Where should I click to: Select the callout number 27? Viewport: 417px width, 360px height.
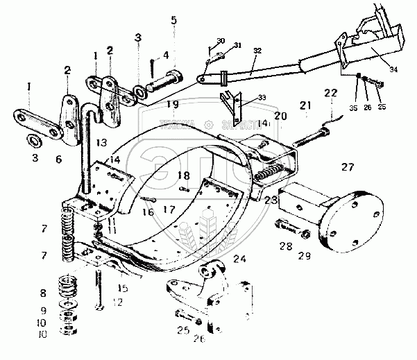tap(347, 166)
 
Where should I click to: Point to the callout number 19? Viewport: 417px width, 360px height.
tap(173, 104)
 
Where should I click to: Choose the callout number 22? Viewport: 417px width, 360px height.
tap(330, 93)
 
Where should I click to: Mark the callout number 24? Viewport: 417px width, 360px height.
tap(221, 259)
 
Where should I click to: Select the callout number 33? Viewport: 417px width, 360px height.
tap(241, 98)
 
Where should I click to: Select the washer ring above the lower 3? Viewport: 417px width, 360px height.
tap(32, 141)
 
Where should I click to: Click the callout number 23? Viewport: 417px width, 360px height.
tap(270, 200)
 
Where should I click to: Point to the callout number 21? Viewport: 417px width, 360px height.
tap(305, 105)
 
